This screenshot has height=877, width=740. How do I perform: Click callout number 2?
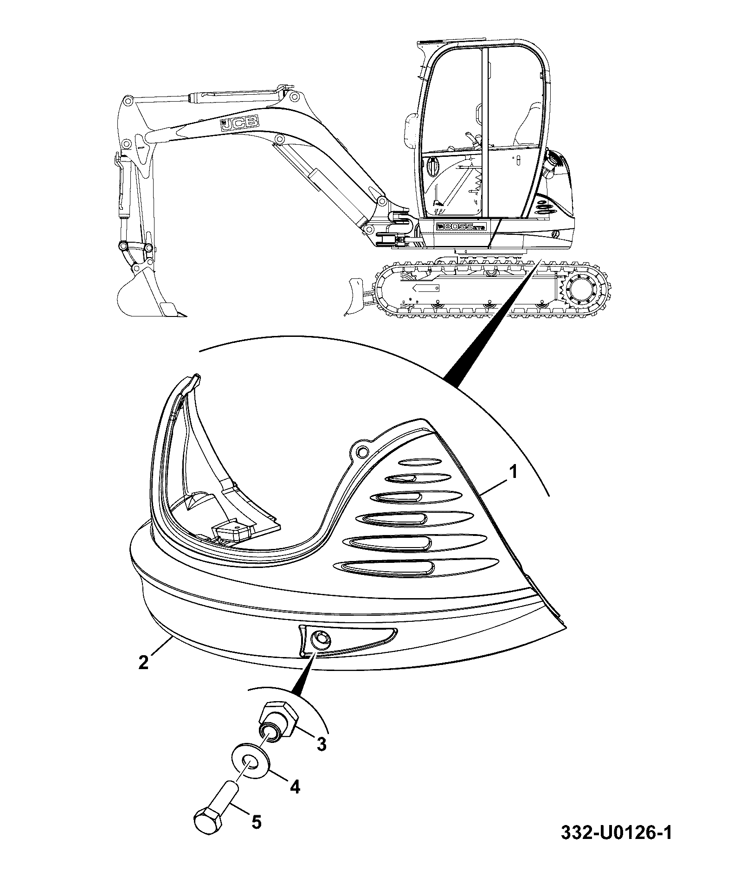(x=144, y=662)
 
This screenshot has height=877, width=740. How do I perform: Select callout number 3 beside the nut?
(x=321, y=744)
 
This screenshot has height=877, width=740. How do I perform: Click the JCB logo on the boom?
(x=239, y=123)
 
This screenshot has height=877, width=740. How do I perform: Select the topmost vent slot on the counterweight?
(x=421, y=462)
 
